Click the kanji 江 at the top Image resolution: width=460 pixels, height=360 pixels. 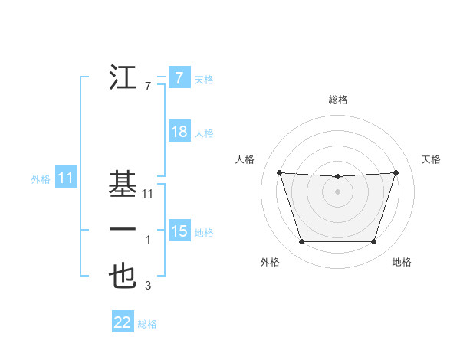coord(123,77)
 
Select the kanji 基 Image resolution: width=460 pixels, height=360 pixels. coord(123,185)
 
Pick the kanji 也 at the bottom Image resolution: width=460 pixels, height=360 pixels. coord(123,277)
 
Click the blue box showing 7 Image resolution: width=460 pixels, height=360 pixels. coord(179,77)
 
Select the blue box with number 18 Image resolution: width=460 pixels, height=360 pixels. coord(179,132)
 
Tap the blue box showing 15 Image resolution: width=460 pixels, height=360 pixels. coord(179,231)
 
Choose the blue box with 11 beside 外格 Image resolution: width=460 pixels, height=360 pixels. coord(66,178)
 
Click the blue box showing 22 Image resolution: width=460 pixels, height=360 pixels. coord(123,322)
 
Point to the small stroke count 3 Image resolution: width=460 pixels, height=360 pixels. coord(147,286)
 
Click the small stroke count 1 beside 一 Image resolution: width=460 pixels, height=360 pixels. coord(147,241)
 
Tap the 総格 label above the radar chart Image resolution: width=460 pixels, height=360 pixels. coord(337,100)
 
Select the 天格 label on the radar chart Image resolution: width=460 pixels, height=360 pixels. coord(431,159)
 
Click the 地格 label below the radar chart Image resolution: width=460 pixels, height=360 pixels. coord(402,262)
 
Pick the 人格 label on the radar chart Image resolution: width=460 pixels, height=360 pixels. coord(244,159)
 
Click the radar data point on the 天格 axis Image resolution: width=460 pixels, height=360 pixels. coord(396,172)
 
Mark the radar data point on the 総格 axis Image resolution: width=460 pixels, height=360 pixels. coord(337,177)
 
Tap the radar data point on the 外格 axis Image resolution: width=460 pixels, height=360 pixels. coord(301,242)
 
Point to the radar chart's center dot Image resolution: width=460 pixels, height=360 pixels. coord(337,191)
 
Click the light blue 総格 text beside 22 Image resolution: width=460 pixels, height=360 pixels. coord(147,323)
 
